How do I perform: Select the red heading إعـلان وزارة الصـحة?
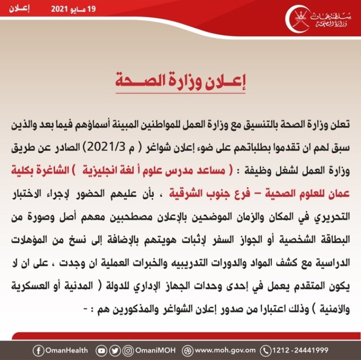181,82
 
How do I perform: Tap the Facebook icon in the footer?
38,350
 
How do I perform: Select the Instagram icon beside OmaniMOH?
128,350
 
